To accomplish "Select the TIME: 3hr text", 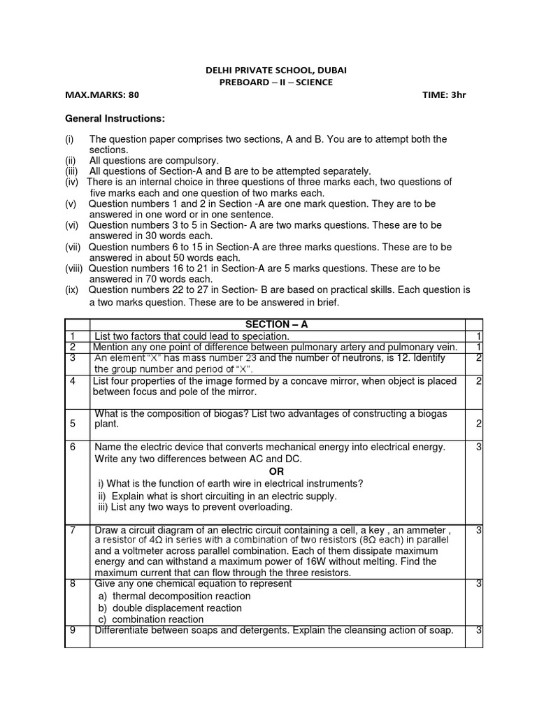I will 444,95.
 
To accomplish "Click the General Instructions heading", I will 115,118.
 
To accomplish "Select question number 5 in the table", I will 73,424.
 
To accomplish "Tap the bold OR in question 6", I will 277,471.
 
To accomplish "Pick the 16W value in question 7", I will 330,561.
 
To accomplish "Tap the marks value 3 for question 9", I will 479,630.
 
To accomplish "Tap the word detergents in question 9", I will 256,630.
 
